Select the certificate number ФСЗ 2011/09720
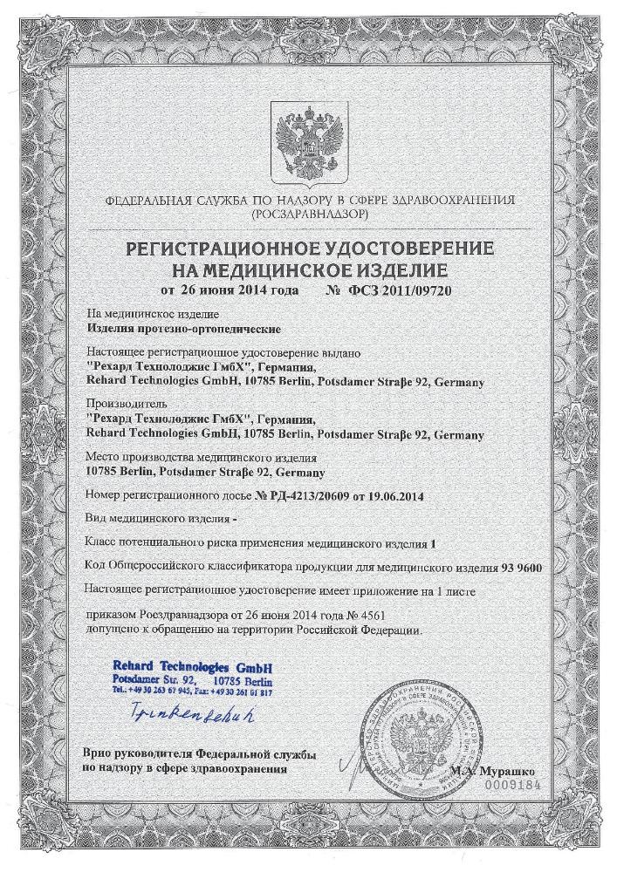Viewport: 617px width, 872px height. (397, 290)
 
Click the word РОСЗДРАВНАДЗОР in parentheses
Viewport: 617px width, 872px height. (308, 212)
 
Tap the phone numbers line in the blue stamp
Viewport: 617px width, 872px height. (193, 691)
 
